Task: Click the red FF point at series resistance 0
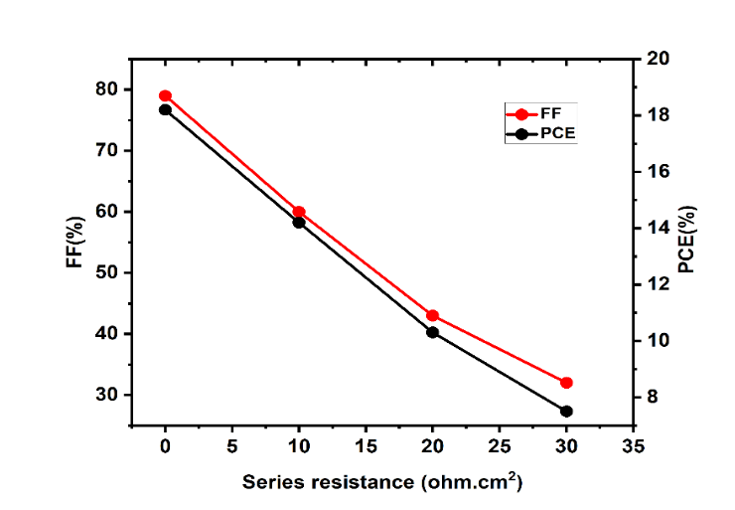point(165,96)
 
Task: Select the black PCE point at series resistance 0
point(165,110)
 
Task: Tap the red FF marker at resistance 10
point(299,212)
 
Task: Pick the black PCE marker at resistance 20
point(432,332)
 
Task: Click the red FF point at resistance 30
point(566,383)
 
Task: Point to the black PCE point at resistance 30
point(566,411)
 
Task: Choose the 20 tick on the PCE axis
point(657,59)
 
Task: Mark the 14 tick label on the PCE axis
point(657,228)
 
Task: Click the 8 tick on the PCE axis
point(657,397)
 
